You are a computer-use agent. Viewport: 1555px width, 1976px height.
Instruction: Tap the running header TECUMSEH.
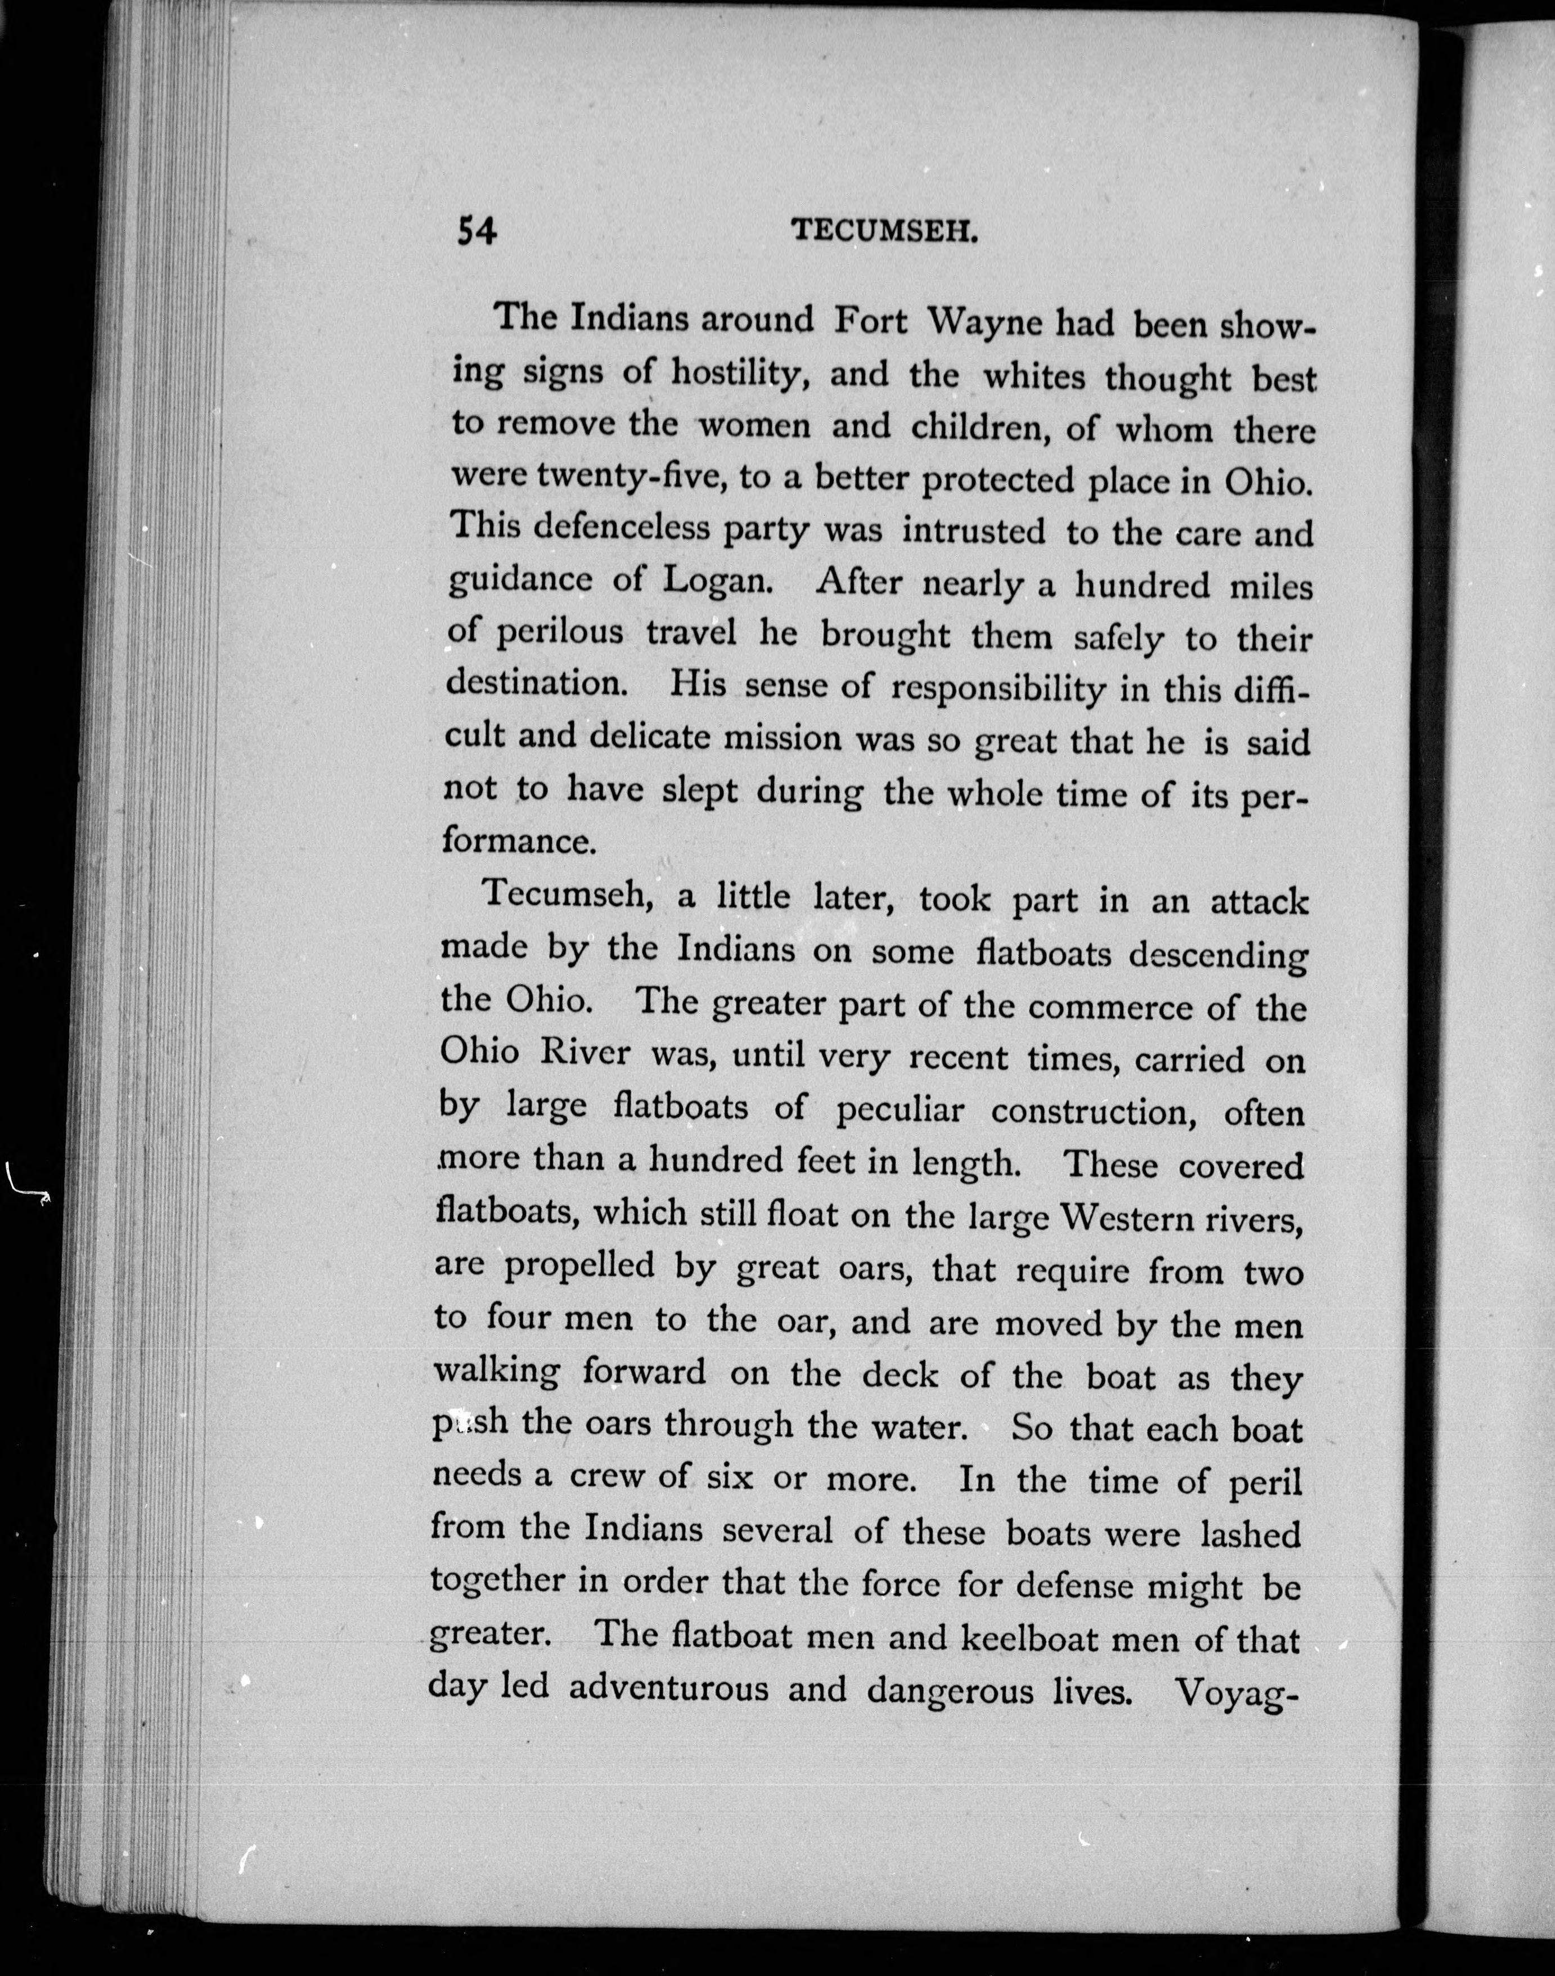coord(884,232)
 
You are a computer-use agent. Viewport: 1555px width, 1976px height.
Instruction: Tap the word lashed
coord(1251,1533)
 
